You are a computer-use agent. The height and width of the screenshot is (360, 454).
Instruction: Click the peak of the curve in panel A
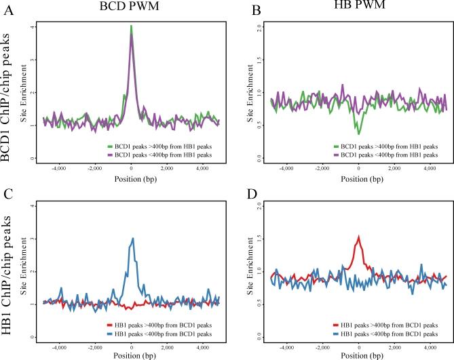click(x=131, y=26)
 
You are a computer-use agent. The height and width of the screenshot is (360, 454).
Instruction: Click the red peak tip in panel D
click(x=358, y=237)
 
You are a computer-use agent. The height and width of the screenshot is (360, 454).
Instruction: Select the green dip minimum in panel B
click(x=358, y=134)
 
